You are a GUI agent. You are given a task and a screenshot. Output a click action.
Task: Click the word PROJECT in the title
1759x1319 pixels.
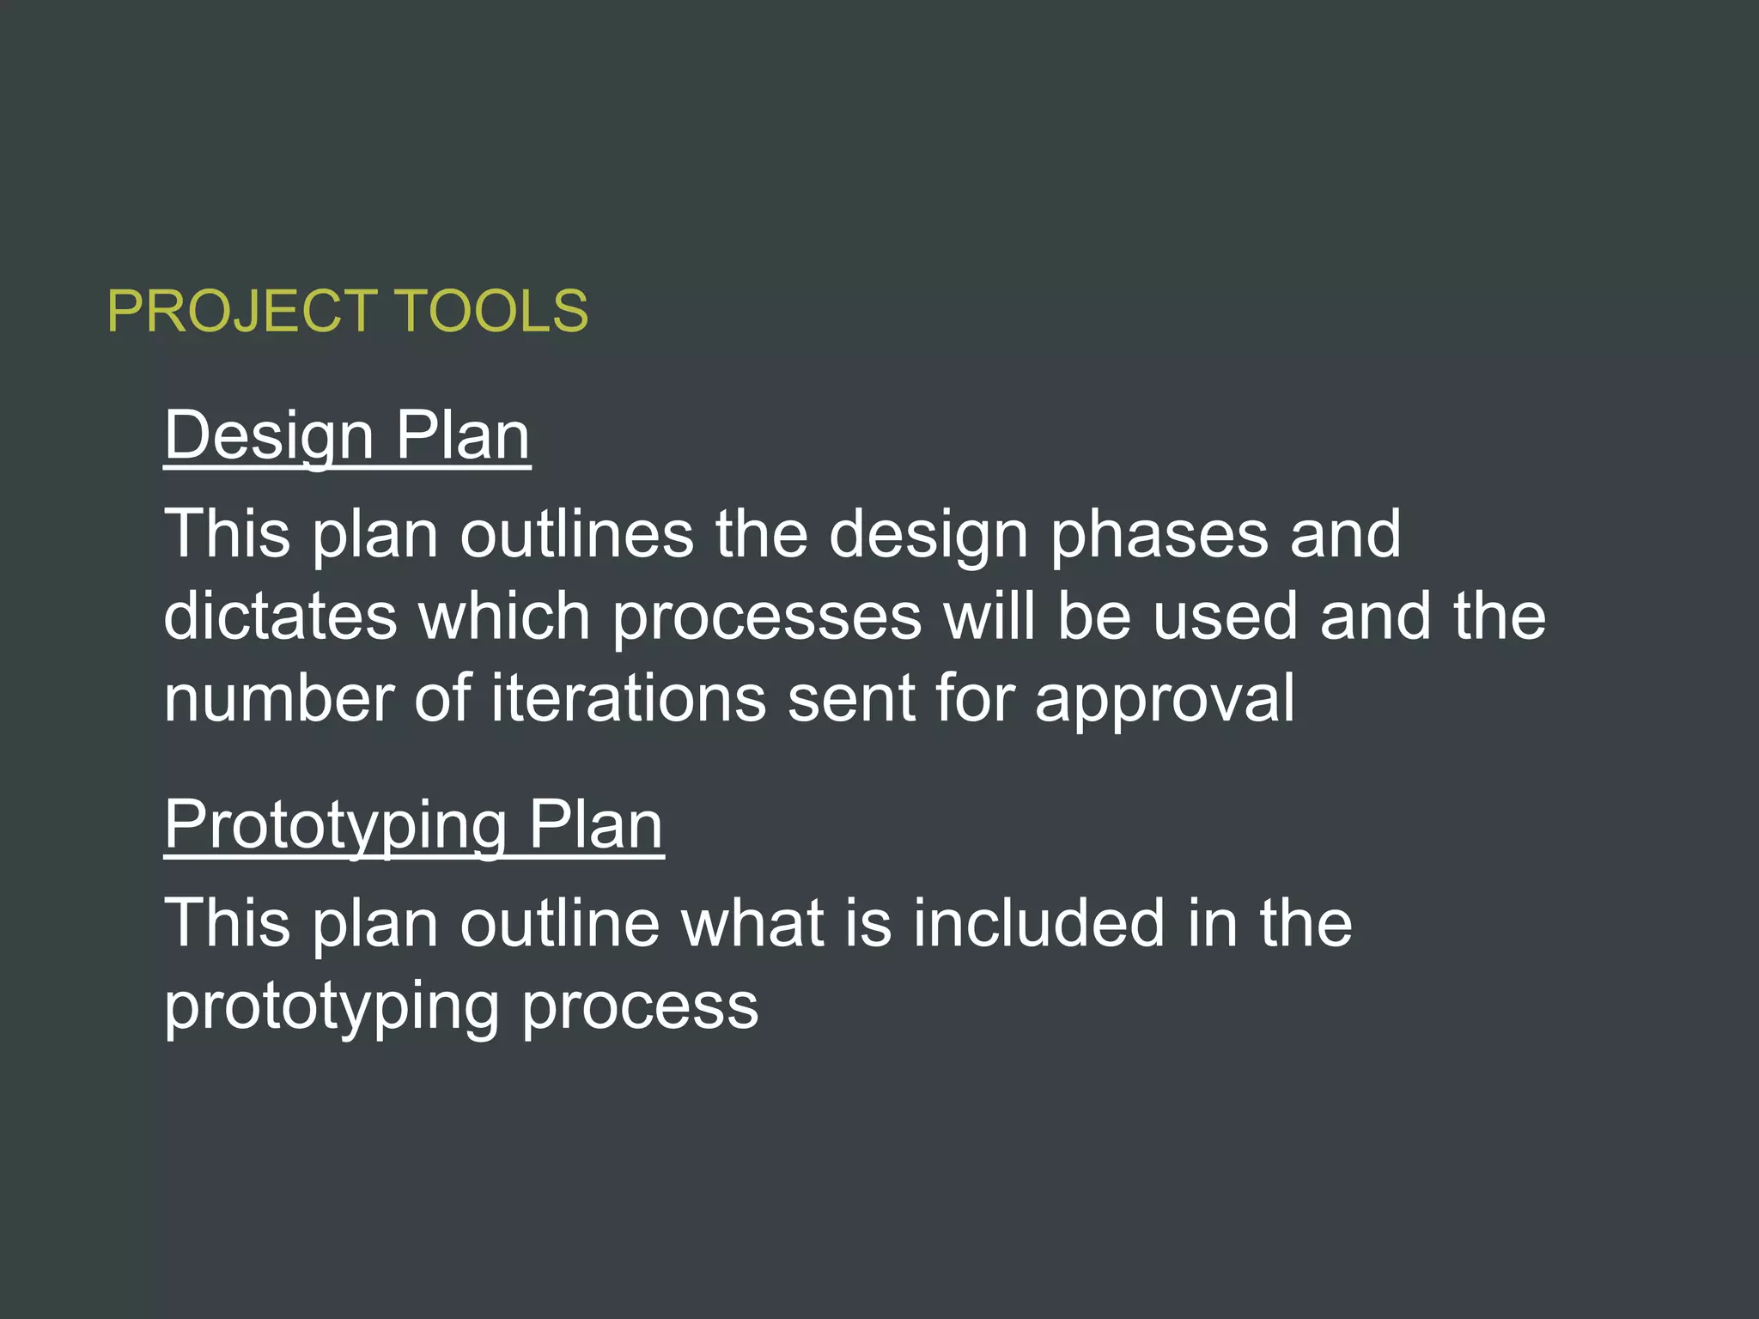241,311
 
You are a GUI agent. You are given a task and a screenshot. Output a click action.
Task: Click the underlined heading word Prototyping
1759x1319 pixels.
335,826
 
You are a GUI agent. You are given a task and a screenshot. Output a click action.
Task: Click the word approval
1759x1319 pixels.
1165,701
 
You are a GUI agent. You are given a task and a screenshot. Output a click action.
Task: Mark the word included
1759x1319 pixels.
1038,923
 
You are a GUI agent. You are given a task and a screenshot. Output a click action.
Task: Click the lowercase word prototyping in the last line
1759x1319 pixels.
332,1008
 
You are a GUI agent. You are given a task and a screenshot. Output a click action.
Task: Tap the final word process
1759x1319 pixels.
640,1008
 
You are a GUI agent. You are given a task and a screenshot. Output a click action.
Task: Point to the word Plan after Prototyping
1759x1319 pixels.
595,826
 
